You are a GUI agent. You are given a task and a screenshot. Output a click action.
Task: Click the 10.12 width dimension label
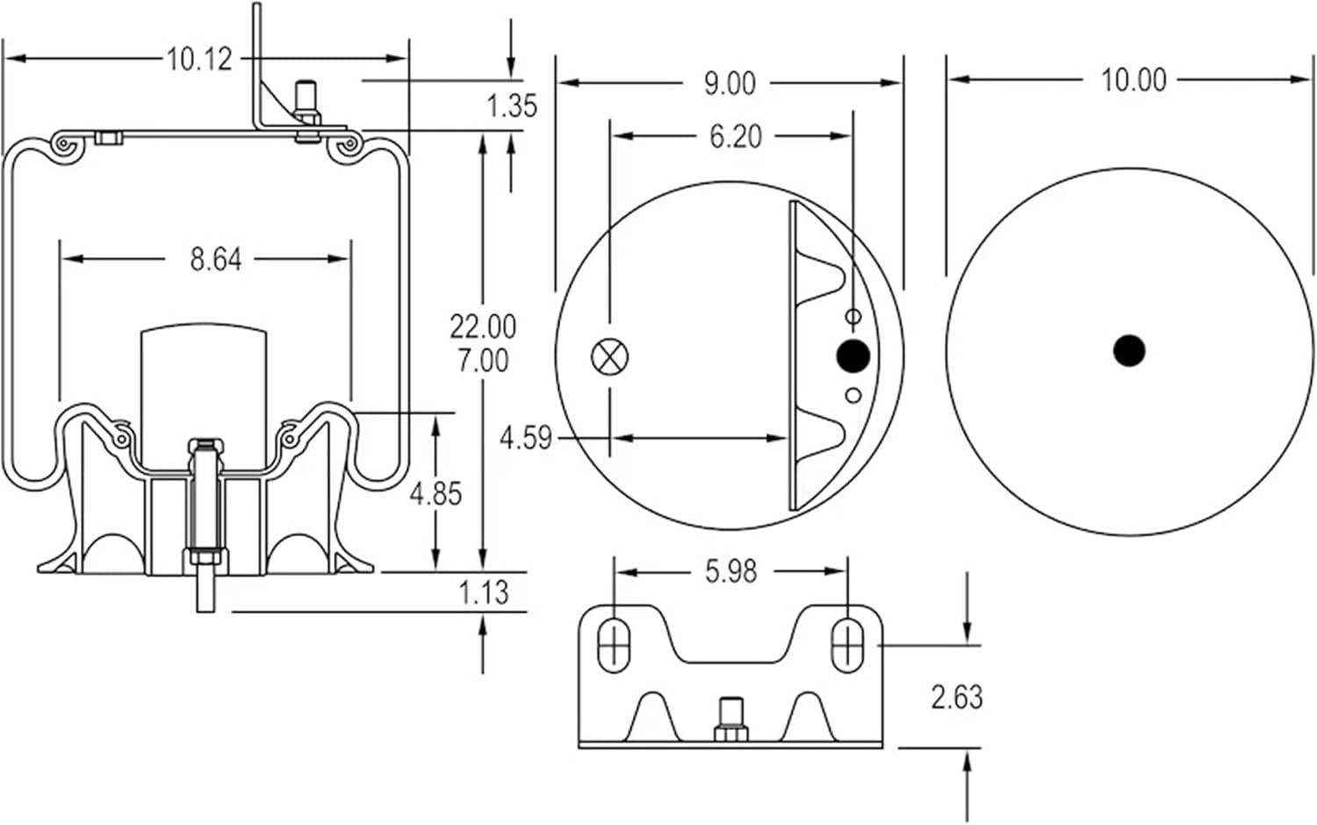199,60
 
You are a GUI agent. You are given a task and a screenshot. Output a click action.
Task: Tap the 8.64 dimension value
215,259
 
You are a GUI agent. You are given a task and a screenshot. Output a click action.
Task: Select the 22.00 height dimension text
483,326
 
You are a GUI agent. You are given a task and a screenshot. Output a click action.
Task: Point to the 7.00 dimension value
483,360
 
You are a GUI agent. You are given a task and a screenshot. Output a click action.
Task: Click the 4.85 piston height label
435,493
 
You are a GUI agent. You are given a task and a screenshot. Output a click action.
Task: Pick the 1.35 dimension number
512,105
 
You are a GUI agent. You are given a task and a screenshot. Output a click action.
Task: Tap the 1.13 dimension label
484,592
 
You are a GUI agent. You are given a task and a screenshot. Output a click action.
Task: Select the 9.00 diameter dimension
730,83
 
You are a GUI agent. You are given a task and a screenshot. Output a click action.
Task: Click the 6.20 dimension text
735,137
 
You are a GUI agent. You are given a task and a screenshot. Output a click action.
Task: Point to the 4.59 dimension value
526,437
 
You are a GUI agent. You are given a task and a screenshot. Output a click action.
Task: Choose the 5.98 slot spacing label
730,572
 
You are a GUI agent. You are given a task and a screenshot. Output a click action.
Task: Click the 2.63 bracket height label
957,698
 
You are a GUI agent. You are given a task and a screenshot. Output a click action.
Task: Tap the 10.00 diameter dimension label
1133,81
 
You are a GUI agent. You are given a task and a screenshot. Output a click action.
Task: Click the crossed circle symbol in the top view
610,355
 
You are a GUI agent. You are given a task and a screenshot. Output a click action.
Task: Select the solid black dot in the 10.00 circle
1129,350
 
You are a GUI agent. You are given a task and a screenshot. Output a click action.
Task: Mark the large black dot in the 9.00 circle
853,355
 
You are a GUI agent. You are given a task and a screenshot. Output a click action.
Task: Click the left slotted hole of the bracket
613,645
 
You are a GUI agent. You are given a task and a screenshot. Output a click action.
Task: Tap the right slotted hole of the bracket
847,645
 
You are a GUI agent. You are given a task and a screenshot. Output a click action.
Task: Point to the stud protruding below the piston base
205,592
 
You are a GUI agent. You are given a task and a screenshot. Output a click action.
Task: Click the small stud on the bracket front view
730,718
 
